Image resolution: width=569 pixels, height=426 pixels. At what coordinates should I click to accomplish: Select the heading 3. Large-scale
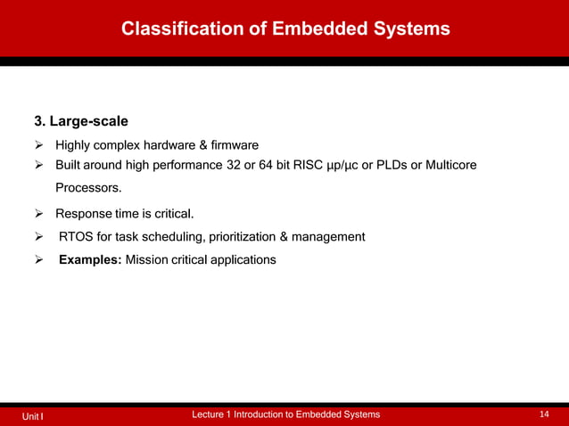point(81,120)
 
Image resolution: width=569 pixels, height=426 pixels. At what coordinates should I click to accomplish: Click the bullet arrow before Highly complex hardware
point(39,145)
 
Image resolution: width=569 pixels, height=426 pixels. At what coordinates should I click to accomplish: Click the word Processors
point(87,188)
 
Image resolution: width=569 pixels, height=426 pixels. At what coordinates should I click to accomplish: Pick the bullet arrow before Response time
point(39,214)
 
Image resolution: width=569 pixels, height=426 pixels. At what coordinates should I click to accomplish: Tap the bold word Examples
point(89,260)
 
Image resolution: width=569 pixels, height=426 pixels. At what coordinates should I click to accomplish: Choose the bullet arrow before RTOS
point(39,237)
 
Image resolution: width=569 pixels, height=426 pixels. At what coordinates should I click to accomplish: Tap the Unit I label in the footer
point(33,415)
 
